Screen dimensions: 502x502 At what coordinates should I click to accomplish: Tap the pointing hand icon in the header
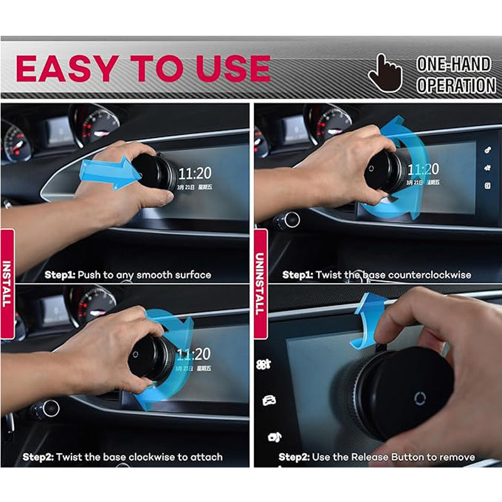(x=384, y=73)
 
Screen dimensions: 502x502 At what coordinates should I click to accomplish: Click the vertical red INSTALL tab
(x=8, y=277)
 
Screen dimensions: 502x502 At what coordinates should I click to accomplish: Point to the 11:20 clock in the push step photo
(x=194, y=173)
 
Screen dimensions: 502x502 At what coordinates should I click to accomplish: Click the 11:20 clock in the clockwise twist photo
(x=194, y=355)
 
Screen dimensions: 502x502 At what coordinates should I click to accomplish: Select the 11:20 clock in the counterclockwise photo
(x=423, y=169)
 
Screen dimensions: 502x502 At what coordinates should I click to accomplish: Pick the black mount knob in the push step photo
(x=154, y=171)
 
